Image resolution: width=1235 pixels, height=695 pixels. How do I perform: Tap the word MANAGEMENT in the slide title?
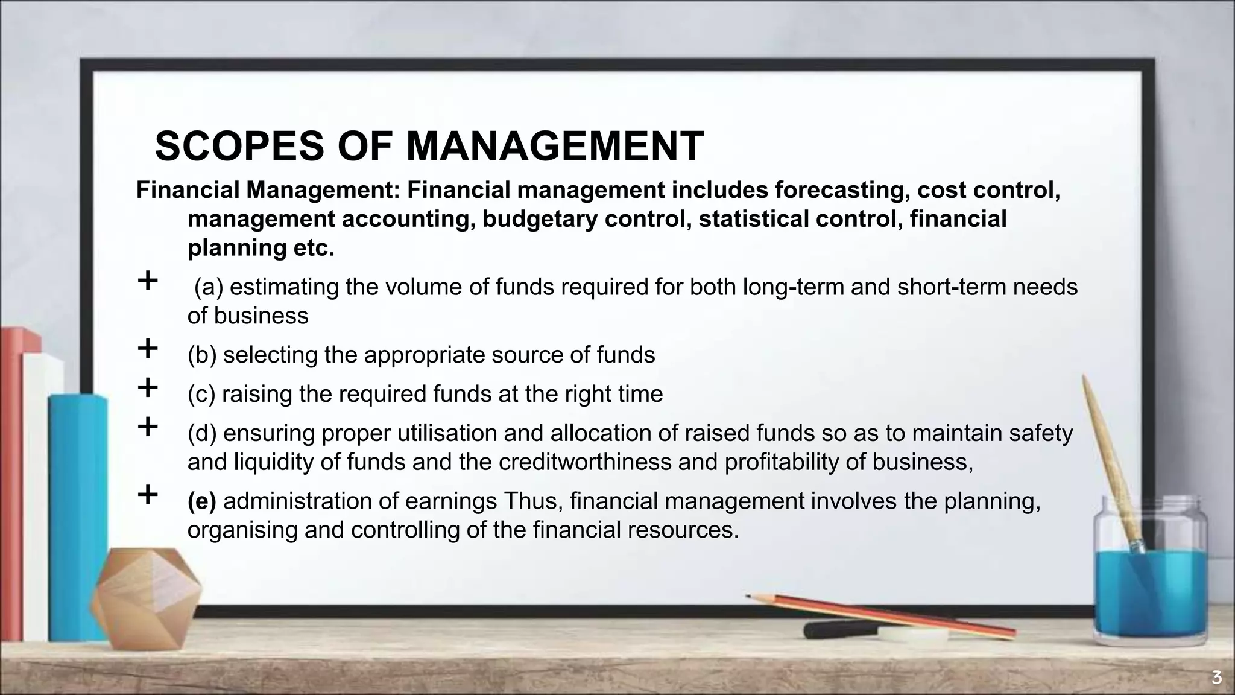click(x=555, y=147)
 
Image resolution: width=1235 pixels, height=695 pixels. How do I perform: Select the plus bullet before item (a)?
click(x=148, y=281)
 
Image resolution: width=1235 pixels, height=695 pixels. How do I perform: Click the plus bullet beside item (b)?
click(x=148, y=349)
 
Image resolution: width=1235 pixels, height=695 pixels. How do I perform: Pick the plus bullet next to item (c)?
click(x=148, y=388)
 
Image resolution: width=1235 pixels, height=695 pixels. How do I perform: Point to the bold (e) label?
click(x=201, y=501)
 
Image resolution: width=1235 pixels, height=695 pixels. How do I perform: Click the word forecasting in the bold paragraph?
click(x=842, y=190)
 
